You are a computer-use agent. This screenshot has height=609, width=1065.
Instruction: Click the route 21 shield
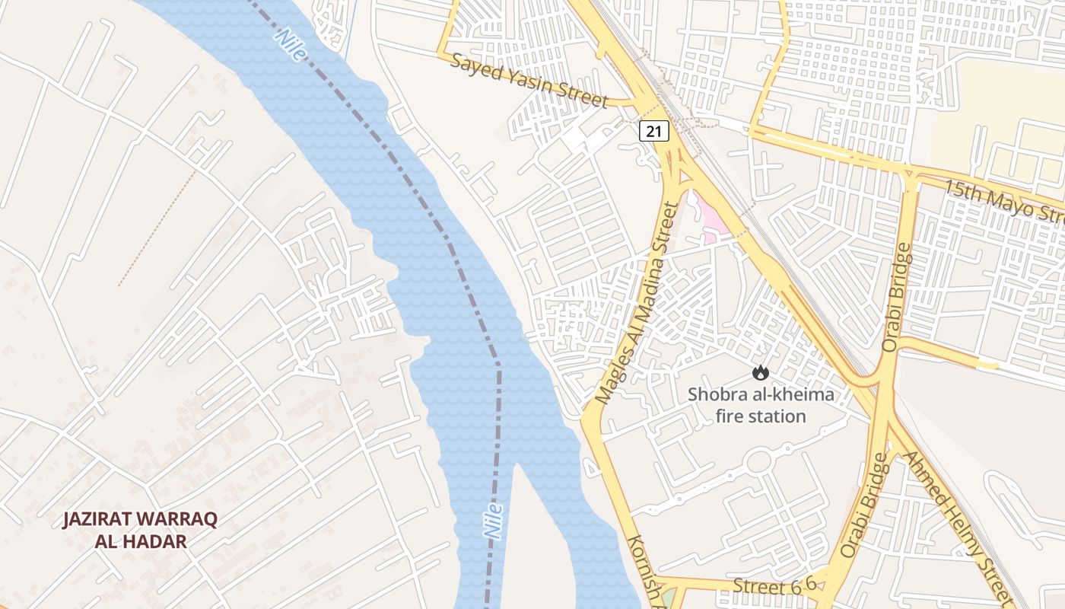tap(653, 131)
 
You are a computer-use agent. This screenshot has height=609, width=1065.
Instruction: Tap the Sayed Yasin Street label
tap(529, 80)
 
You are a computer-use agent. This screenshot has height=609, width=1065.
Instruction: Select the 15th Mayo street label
tap(1003, 201)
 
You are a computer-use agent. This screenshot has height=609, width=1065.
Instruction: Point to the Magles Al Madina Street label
tap(637, 302)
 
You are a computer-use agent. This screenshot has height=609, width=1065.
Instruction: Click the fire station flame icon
tap(760, 373)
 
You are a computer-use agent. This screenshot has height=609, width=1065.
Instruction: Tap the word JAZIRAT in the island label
tap(98, 520)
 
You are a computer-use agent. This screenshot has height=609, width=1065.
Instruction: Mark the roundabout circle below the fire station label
tap(758, 461)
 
